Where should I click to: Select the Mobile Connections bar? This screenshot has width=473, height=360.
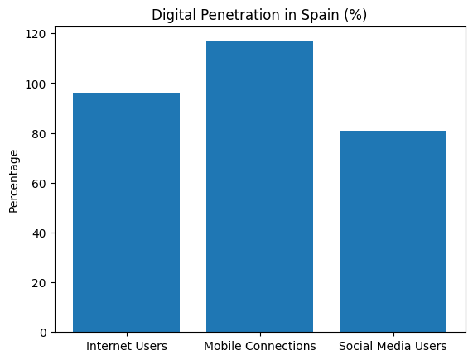pos(259,186)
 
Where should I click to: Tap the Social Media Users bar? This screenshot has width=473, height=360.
pos(393,231)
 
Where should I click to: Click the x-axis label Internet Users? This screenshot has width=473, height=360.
pos(126,346)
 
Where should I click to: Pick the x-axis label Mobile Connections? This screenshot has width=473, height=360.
pos(259,346)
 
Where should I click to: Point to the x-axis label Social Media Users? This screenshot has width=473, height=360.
pos(393,346)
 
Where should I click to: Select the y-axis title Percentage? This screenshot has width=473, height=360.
pos(13,180)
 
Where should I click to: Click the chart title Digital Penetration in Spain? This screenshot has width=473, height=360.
pos(259,14)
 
